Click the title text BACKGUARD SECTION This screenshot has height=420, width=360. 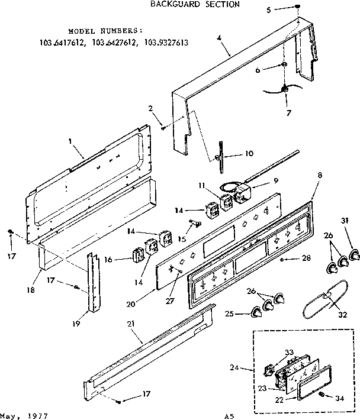click(x=185, y=4)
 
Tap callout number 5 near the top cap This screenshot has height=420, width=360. click(x=268, y=10)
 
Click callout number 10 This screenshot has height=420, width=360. click(x=249, y=153)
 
